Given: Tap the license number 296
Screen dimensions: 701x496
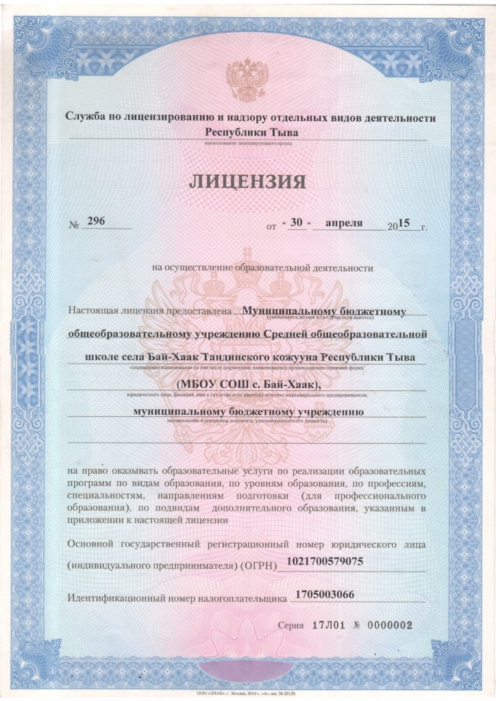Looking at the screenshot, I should (x=96, y=222).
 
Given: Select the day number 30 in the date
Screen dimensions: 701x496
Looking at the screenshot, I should (x=297, y=223).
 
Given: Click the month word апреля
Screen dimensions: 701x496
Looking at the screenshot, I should (x=343, y=223).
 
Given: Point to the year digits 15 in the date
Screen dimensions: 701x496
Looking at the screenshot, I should (x=404, y=222).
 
